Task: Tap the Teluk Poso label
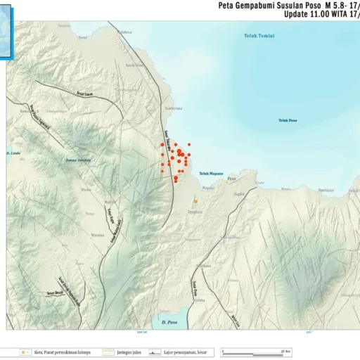point(288,120)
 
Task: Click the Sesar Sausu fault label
point(84,94)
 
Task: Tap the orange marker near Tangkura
point(195,201)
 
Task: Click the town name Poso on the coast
point(232,179)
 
